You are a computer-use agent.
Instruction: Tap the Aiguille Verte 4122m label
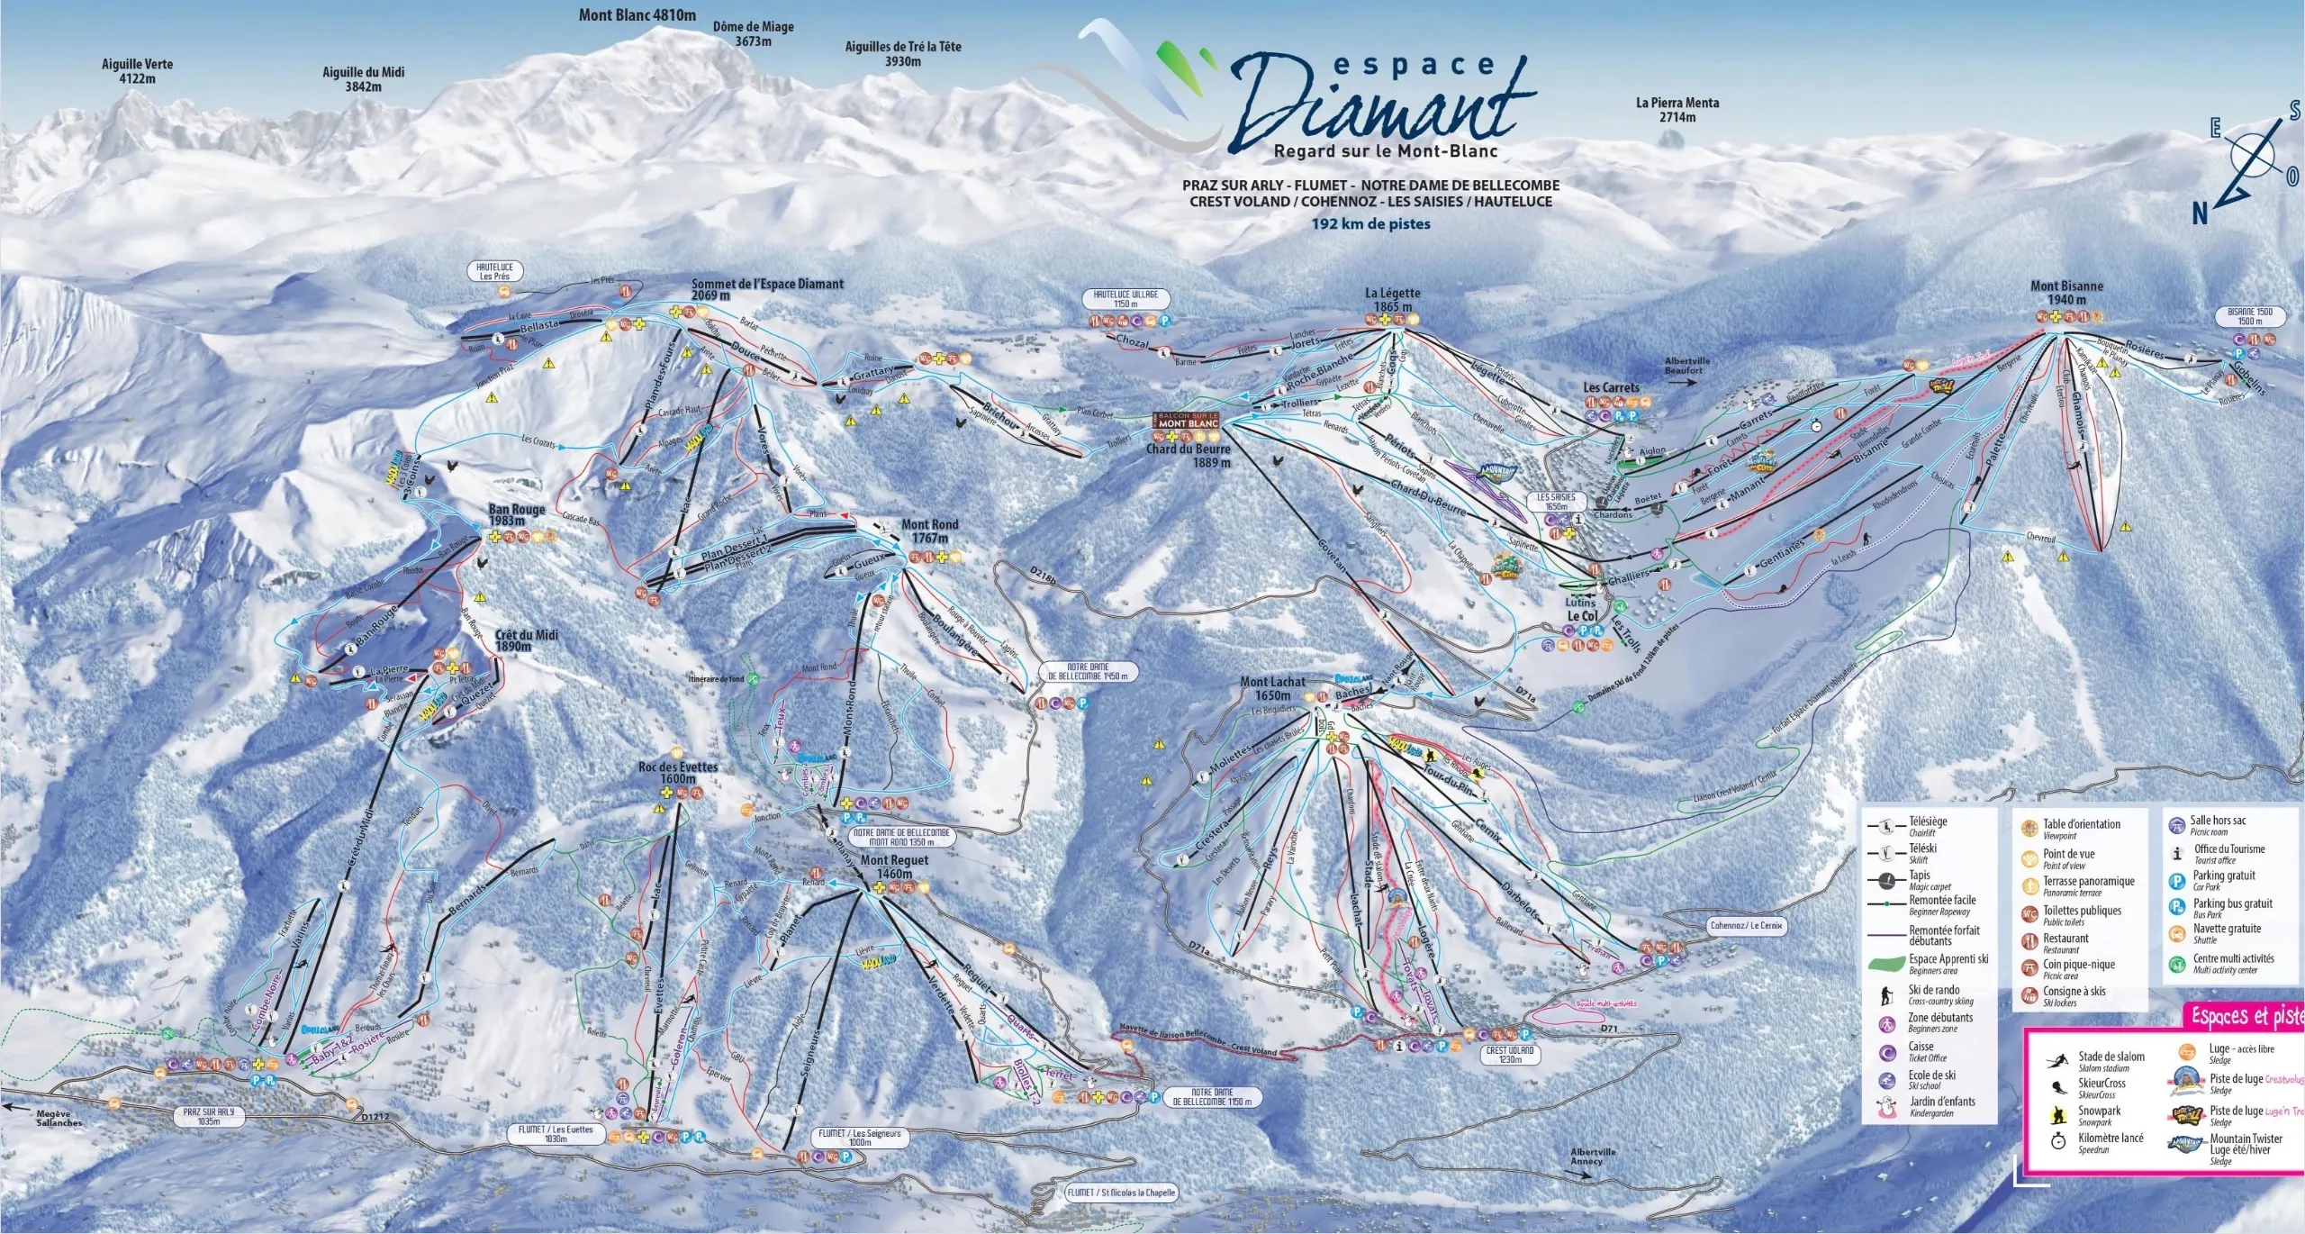pyautogui.click(x=137, y=71)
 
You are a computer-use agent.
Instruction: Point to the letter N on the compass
pyautogui.click(x=2200, y=214)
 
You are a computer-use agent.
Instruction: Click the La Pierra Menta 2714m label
pyautogui.click(x=1677, y=110)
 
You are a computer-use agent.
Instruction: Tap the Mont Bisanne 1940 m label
pyautogui.click(x=2066, y=293)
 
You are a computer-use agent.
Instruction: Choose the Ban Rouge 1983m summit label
pyautogui.click(x=517, y=515)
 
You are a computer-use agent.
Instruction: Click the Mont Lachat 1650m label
pyautogui.click(x=1272, y=688)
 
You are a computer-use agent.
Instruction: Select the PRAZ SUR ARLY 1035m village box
pyautogui.click(x=209, y=1117)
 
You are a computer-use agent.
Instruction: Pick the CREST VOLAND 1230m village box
pyautogui.click(x=1510, y=1055)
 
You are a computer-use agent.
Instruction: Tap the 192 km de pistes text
pyautogui.click(x=1370, y=224)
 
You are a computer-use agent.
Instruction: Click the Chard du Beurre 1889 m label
pyautogui.click(x=1187, y=455)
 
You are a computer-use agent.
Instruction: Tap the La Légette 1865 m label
pyautogui.click(x=1392, y=299)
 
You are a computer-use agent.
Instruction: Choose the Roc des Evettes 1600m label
pyautogui.click(x=678, y=773)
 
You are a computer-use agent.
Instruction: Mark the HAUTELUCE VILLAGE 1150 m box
pyautogui.click(x=1125, y=299)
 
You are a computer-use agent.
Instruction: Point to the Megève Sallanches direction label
pyautogui.click(x=59, y=1118)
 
